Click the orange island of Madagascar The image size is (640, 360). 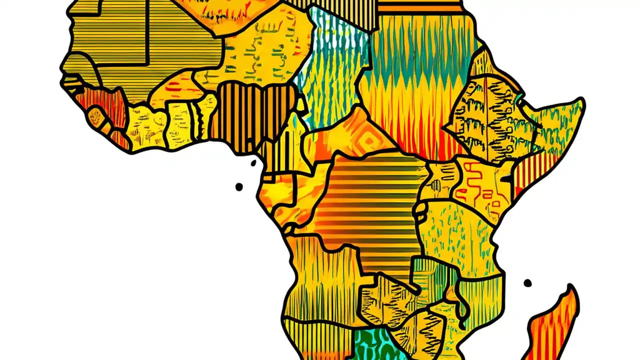555,325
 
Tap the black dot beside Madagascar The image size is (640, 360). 527,283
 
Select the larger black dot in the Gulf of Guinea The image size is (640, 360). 239,187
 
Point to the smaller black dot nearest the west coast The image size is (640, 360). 253,163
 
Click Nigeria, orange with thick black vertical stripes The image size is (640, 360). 250,115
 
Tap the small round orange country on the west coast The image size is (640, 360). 95,118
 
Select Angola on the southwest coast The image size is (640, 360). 320,280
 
